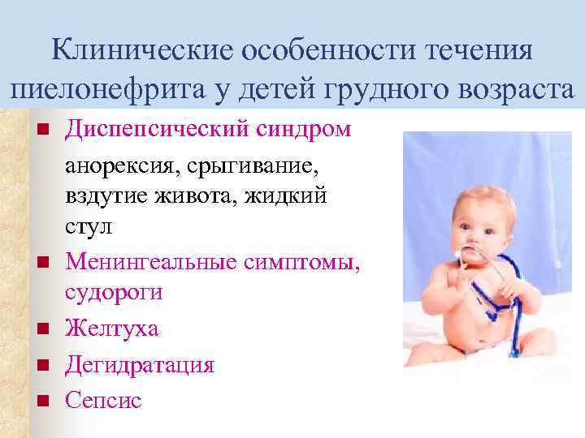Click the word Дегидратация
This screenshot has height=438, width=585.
140,364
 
